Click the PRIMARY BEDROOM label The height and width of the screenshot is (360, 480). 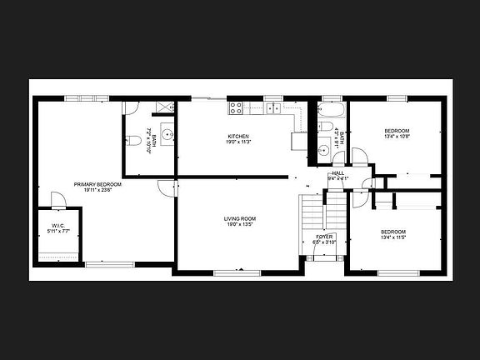(97, 184)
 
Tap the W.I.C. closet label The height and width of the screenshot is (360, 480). (58, 225)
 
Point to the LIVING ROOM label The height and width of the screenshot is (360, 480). (239, 219)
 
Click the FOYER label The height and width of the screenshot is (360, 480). (324, 237)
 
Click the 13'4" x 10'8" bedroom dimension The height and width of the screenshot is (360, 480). (397, 137)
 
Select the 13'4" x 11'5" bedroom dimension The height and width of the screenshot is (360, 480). (392, 237)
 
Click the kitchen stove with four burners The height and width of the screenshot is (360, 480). (236, 107)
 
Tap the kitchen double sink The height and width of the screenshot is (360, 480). (275, 107)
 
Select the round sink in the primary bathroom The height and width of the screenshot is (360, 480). (167, 133)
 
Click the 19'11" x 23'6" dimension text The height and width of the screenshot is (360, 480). (97, 190)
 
